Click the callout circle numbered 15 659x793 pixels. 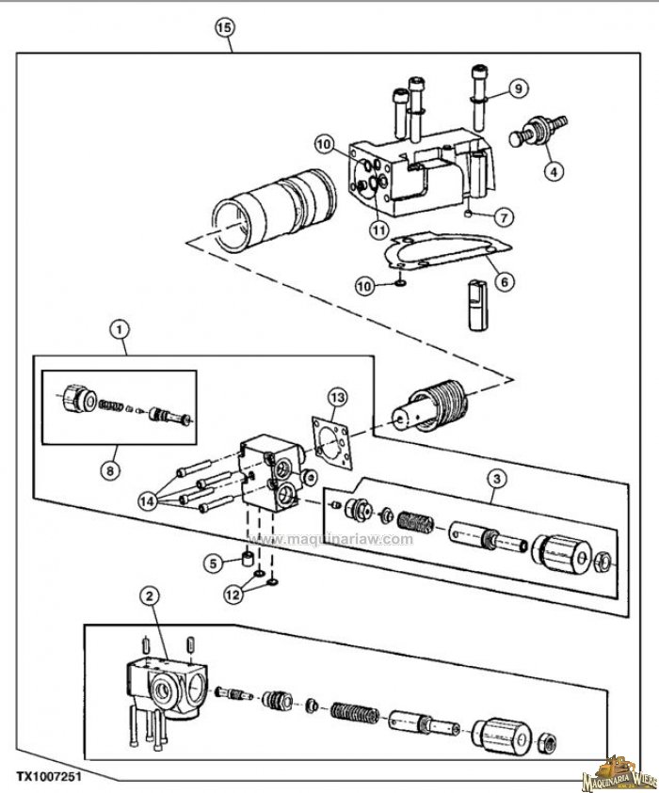point(223,27)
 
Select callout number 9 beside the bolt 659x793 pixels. point(516,89)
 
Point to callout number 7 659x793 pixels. point(505,217)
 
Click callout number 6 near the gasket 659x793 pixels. point(505,279)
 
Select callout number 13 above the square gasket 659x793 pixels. point(338,398)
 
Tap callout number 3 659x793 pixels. point(497,478)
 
